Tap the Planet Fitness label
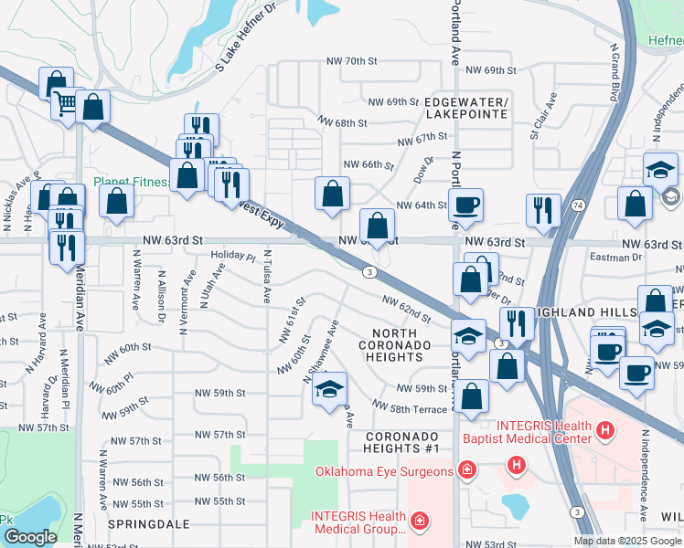(x=133, y=182)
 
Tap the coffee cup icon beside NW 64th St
(x=465, y=205)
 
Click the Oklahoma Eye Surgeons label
(x=384, y=471)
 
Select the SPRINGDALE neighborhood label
(x=148, y=525)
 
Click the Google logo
(x=30, y=537)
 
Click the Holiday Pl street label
(x=233, y=257)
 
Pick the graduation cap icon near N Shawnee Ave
(x=329, y=389)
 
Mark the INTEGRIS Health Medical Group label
(x=358, y=522)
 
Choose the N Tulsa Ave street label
(x=267, y=278)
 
